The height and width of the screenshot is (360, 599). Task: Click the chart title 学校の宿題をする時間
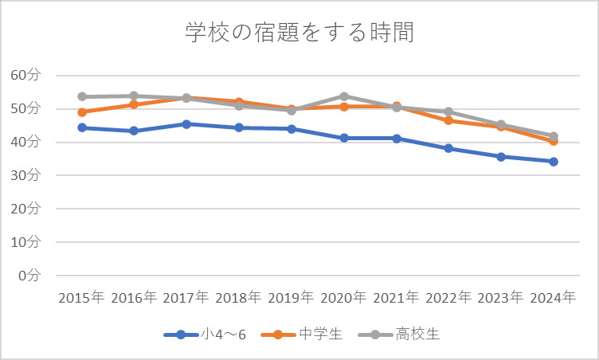(299, 33)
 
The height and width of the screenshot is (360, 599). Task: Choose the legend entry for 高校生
(405, 335)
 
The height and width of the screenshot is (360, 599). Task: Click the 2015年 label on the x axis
(81, 298)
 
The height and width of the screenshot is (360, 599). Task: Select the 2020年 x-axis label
(343, 298)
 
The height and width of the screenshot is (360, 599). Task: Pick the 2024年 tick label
(553, 298)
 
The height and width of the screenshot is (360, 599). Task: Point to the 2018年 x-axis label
(238, 298)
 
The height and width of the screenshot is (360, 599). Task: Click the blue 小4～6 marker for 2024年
(553, 162)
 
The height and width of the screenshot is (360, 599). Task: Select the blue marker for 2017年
(186, 124)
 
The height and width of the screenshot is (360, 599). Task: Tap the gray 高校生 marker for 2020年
(343, 96)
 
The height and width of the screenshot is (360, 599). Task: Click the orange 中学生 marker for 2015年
(81, 112)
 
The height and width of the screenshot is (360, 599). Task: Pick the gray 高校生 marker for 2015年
(81, 96)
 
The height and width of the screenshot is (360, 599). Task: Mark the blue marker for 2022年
(448, 148)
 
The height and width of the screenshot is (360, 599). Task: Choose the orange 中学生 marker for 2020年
(343, 106)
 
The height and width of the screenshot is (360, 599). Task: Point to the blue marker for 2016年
(134, 131)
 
